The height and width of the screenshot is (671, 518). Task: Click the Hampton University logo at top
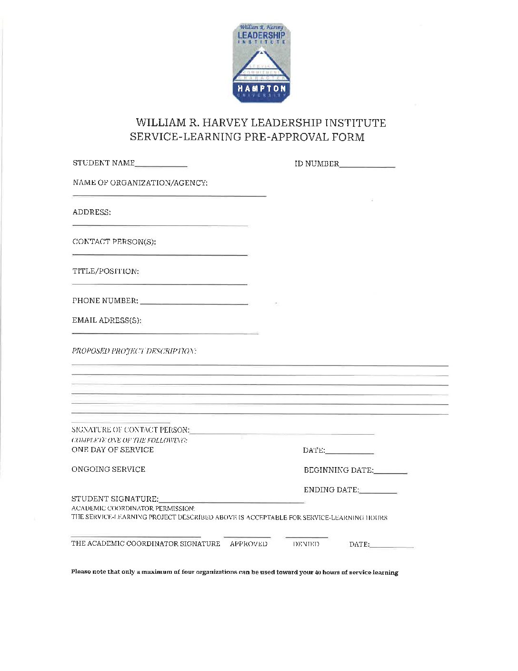(x=261, y=63)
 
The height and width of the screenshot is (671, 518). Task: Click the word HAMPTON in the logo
(x=261, y=89)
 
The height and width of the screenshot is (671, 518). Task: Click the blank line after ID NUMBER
(x=367, y=166)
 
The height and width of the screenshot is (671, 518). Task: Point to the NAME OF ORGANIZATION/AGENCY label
(x=140, y=183)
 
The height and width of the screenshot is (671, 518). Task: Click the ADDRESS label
(x=91, y=213)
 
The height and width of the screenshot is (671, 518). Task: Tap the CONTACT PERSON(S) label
(x=114, y=242)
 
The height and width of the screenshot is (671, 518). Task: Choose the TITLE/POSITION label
(x=106, y=271)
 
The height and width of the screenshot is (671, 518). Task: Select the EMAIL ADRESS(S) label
(x=107, y=320)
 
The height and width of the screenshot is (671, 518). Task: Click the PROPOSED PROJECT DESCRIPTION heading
(x=134, y=351)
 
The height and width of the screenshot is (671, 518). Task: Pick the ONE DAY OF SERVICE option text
(x=113, y=449)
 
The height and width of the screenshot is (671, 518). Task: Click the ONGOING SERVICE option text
(x=109, y=469)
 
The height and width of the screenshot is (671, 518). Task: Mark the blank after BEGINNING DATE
(x=390, y=472)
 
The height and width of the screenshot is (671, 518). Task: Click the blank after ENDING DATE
(x=378, y=492)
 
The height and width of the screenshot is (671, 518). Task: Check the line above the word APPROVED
(x=247, y=537)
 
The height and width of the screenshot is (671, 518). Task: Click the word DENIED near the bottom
(x=306, y=544)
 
